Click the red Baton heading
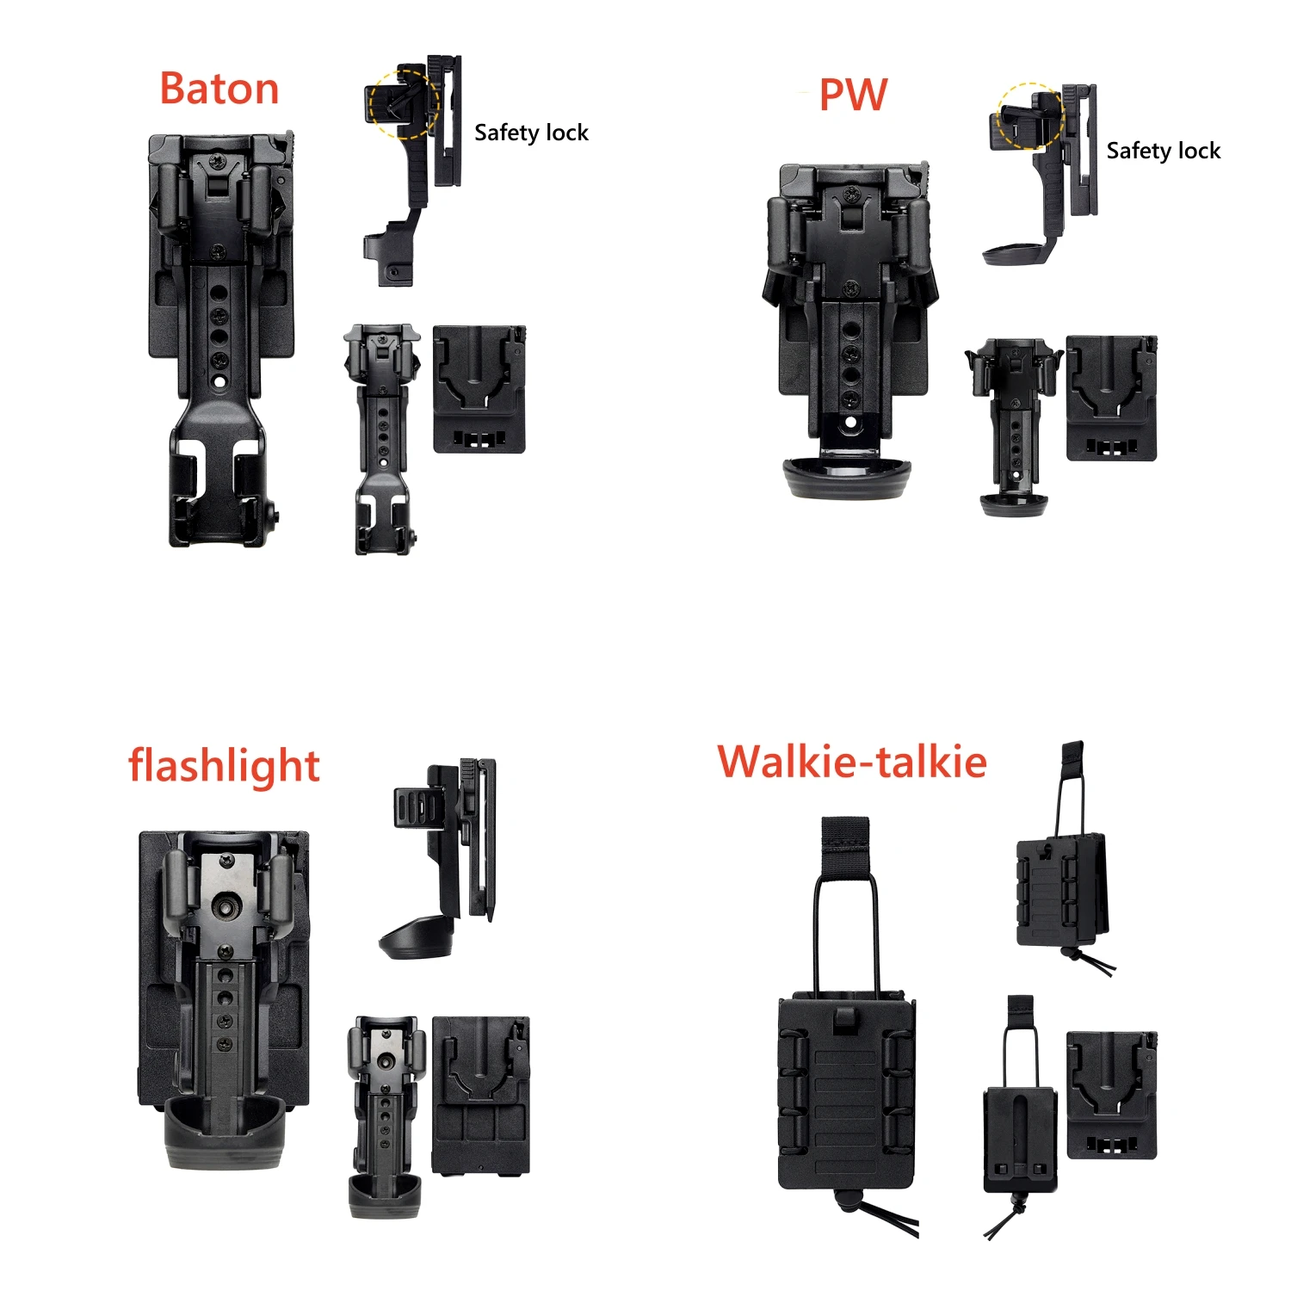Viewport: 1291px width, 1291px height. (x=219, y=90)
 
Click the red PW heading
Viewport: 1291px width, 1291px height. (x=852, y=95)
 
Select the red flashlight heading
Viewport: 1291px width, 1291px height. (x=224, y=765)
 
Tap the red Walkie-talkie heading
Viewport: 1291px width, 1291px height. (x=852, y=762)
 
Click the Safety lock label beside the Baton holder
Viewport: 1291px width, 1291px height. (x=531, y=133)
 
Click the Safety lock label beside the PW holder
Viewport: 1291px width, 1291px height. (x=1163, y=151)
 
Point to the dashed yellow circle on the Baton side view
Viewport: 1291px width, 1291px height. (x=404, y=104)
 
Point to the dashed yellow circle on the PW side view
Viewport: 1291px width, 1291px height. (x=1029, y=116)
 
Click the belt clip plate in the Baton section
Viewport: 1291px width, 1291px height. (x=479, y=389)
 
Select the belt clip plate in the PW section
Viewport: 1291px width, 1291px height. (x=1111, y=398)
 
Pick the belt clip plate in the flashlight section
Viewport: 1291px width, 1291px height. (x=480, y=1095)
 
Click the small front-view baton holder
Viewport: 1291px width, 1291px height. (x=382, y=439)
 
